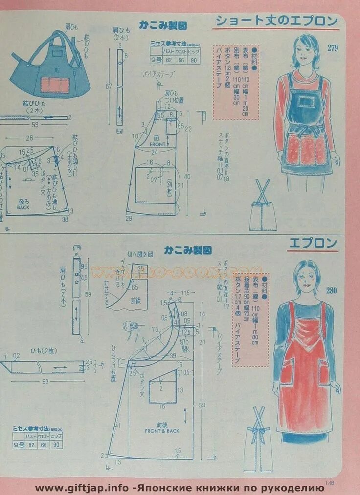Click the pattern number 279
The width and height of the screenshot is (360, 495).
pos(333,48)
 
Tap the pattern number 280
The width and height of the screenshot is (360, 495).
pos(331,291)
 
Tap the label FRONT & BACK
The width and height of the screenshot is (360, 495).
pos(162,431)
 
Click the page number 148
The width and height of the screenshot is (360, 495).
pos(329,483)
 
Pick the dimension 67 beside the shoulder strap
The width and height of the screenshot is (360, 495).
pos(109,87)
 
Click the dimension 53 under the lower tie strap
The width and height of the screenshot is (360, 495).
pos(45,382)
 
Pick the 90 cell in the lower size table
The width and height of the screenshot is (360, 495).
pos(56,445)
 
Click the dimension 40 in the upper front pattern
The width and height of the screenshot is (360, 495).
pos(187,176)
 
